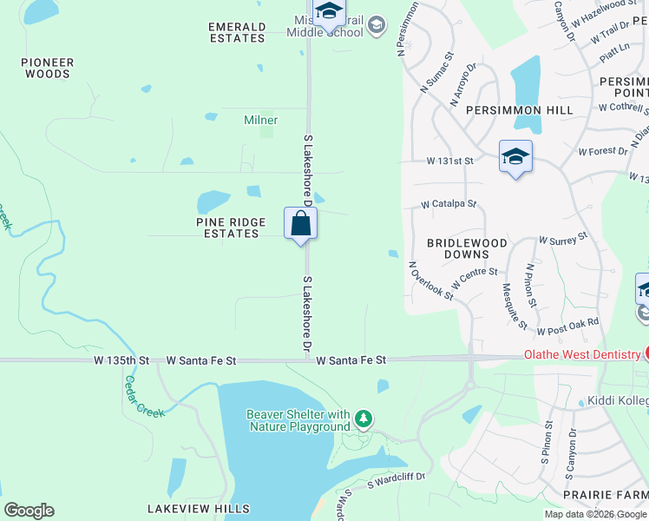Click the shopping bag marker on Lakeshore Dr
click(300, 223)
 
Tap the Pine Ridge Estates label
click(230, 228)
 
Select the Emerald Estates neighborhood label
click(237, 33)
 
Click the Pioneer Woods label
click(48, 68)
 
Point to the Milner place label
click(260, 121)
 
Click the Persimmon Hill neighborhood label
click(519, 110)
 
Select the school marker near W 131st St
click(515, 156)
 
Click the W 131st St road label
click(449, 162)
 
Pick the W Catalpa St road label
click(449, 204)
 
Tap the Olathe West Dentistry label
click(581, 354)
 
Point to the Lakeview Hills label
click(198, 509)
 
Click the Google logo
click(29, 511)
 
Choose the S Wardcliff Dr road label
click(396, 478)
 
